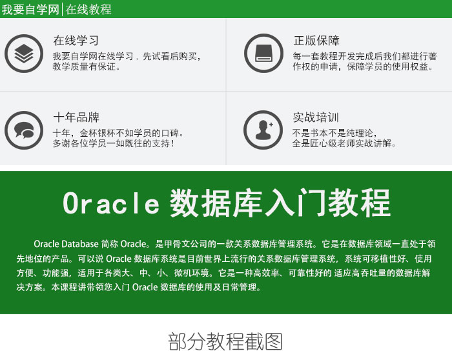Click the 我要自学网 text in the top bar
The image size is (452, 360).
click(30, 9)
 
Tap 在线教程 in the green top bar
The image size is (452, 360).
click(88, 9)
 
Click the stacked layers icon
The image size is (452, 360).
click(24, 54)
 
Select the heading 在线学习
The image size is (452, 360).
click(76, 41)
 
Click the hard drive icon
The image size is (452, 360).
click(263, 54)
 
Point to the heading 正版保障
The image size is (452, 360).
click(316, 41)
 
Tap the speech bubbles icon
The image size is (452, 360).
click(24, 130)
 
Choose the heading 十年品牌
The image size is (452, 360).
click(76, 117)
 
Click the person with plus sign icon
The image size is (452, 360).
click(263, 130)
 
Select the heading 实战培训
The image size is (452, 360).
click(316, 117)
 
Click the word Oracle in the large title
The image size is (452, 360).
click(111, 203)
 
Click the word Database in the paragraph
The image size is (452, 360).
click(80, 244)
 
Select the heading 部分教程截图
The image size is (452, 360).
click(225, 341)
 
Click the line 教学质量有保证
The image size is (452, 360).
click(86, 67)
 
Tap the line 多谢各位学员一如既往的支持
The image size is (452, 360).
click(113, 143)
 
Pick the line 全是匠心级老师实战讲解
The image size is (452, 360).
click(344, 143)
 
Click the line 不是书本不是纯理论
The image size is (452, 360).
click(334, 133)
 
